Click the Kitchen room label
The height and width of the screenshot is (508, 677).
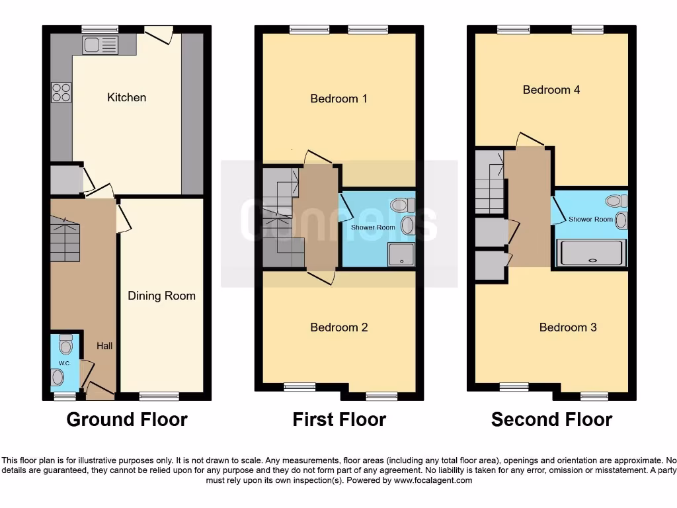coord(126,97)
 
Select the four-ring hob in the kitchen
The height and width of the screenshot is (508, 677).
coord(61,91)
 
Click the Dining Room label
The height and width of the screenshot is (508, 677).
coord(161,296)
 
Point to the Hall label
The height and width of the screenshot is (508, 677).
coord(104,345)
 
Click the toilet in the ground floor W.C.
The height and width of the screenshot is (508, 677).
coord(65,345)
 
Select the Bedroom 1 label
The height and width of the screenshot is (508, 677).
coord(338,99)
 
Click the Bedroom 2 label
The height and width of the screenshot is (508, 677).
coord(338,327)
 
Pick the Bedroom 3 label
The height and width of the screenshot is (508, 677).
coord(567,327)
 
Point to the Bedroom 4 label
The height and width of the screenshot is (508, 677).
coord(551,89)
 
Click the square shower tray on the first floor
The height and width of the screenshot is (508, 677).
coord(399,254)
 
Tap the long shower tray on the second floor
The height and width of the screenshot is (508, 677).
coord(592,253)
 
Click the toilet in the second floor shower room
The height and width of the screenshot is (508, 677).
coord(616,200)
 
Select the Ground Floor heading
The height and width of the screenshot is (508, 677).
coord(127,419)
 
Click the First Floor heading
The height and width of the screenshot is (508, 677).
coord(339,419)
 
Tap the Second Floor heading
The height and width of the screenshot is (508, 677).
coord(551,419)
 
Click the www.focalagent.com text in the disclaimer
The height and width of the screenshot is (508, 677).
coord(434,480)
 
